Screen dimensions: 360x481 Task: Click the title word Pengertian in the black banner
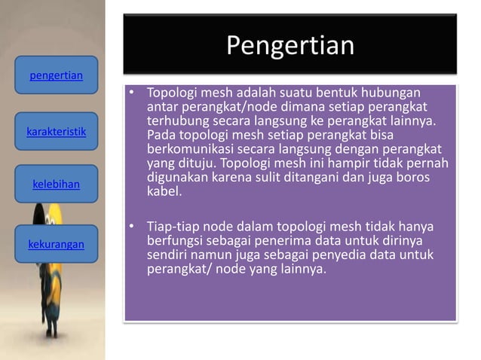pyautogui.click(x=290, y=46)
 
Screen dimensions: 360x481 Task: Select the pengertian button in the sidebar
pyautogui.click(x=56, y=76)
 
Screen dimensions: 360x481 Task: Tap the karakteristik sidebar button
pyautogui.click(x=56, y=132)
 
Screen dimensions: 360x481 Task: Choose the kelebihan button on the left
pyautogui.click(x=56, y=183)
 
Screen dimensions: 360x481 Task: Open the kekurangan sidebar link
pyautogui.click(x=56, y=245)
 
